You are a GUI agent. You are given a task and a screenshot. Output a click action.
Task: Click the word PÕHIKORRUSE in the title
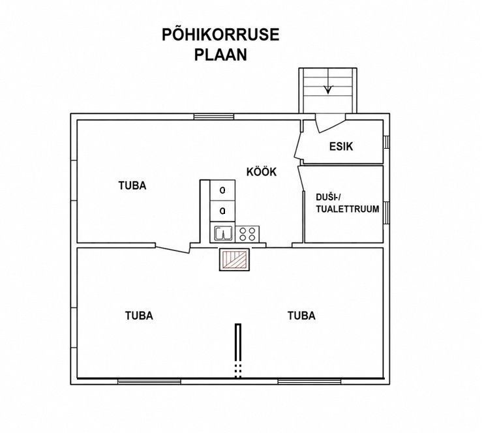(220, 35)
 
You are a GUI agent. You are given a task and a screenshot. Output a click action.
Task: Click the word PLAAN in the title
(220, 55)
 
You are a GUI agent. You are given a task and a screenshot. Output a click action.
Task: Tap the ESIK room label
(341, 146)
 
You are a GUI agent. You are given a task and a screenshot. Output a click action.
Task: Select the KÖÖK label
(262, 172)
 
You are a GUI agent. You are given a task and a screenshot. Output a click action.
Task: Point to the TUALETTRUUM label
(348, 209)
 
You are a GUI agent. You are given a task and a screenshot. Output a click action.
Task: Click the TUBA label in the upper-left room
(132, 186)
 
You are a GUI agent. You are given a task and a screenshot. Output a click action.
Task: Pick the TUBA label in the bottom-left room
(139, 316)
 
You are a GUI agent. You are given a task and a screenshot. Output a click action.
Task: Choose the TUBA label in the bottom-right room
(301, 316)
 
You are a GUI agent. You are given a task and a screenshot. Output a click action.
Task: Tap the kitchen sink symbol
(222, 233)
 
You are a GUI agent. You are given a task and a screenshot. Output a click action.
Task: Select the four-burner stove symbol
(247, 233)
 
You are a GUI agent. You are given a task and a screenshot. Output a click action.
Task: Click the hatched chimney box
(235, 260)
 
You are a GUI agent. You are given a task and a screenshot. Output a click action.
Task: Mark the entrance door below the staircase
(330, 123)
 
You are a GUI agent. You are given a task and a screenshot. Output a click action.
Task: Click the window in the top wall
(214, 117)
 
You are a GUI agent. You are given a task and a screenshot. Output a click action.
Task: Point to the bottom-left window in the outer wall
(149, 381)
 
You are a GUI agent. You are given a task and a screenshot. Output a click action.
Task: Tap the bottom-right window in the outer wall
(310, 381)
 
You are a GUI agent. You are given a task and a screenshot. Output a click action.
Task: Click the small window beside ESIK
(387, 142)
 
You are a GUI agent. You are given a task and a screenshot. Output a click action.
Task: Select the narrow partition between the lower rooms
(238, 351)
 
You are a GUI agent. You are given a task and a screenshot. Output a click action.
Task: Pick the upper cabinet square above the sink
(222, 190)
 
